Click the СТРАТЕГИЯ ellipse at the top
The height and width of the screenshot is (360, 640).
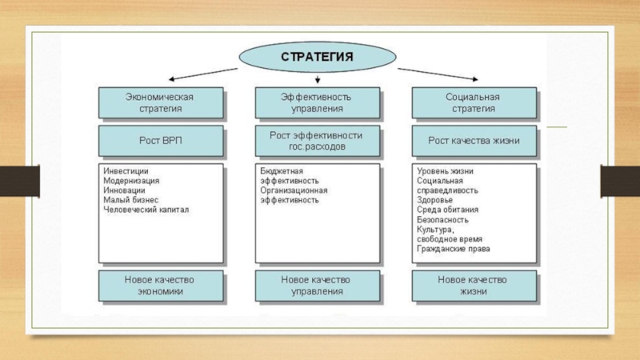click(317, 57)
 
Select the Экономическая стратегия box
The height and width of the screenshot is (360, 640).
click(161, 103)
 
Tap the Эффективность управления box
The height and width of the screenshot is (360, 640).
click(318, 103)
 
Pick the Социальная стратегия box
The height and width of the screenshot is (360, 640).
click(474, 103)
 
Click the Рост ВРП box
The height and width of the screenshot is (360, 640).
click(161, 141)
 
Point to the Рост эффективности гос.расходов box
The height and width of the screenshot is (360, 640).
click(318, 141)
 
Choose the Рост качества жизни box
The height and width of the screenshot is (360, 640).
click(474, 141)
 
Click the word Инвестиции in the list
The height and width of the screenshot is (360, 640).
click(126, 171)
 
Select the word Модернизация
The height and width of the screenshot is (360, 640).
click(131, 181)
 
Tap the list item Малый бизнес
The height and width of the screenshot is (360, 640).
click(130, 200)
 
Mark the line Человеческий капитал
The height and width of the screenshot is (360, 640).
click(146, 210)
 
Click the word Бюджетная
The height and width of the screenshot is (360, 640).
click(282, 171)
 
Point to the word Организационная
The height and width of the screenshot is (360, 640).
click(294, 190)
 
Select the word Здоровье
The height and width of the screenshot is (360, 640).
click(434, 200)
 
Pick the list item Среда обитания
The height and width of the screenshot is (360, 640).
click(447, 210)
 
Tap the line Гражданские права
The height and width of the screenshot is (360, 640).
click(453, 249)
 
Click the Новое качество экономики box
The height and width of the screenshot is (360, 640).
click(161, 286)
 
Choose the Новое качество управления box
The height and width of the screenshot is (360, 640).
click(318, 286)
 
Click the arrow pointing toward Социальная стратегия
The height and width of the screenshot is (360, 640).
click(438, 74)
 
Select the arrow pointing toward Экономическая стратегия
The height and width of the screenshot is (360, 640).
click(203, 74)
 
